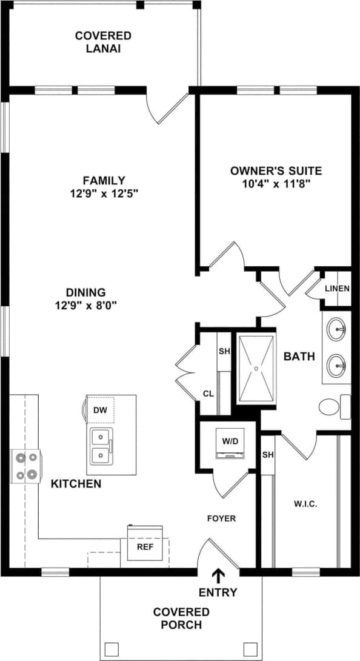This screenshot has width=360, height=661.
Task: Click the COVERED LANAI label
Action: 103,42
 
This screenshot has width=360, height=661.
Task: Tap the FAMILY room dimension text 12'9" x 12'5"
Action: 104,194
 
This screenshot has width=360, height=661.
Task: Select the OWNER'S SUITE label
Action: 276,170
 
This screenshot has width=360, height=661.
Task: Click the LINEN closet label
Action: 336,289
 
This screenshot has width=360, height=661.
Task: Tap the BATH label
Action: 299,357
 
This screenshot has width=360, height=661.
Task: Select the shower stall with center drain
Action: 257,368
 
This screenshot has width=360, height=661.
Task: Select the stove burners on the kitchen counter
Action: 25,466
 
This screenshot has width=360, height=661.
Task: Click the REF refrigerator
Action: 144,546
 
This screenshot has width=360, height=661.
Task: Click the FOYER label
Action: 221,518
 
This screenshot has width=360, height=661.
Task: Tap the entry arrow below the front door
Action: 218,575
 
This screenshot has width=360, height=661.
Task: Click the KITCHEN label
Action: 76,484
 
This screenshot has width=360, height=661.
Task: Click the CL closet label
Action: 208,393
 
